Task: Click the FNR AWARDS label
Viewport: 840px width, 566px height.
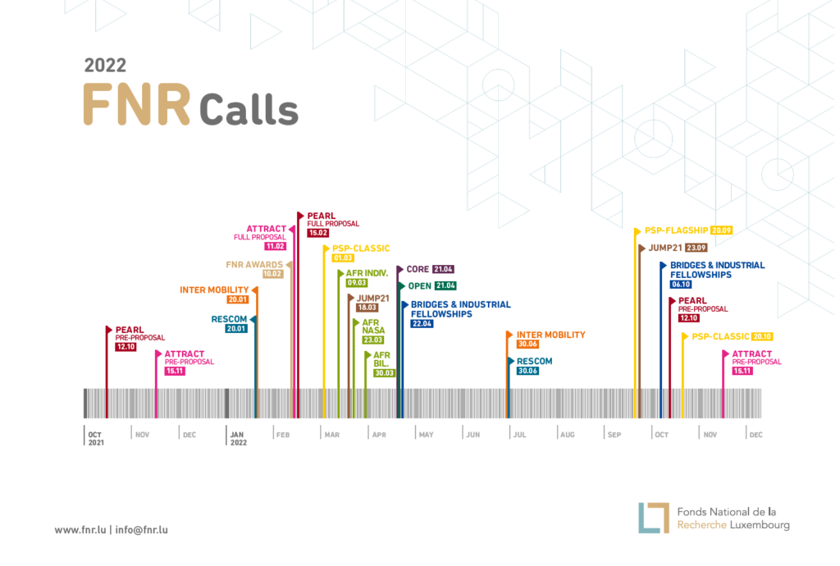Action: point(254,264)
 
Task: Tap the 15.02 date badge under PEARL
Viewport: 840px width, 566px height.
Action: point(318,233)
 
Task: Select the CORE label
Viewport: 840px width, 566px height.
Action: point(418,269)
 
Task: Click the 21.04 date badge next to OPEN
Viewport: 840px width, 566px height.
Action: point(445,285)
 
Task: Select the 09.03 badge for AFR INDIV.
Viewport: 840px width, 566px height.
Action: point(357,283)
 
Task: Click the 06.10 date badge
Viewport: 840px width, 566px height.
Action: point(681,284)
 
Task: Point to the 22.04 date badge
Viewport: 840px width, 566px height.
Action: point(422,324)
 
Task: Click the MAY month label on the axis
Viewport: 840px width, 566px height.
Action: point(427,435)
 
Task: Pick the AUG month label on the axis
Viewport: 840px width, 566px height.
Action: point(568,435)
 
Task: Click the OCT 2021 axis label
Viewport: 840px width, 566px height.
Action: point(96,438)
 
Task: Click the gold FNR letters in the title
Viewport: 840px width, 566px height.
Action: point(137,105)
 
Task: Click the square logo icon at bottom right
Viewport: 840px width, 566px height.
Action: point(654,518)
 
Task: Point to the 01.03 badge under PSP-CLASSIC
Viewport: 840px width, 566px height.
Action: point(343,258)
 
